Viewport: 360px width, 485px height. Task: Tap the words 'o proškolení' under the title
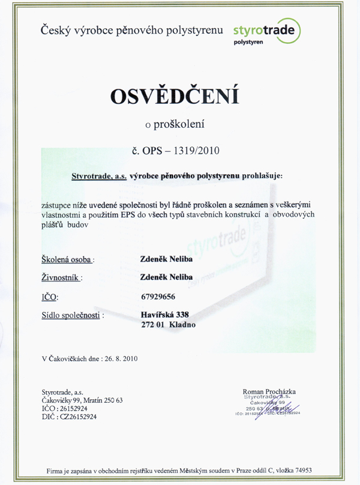click(175, 124)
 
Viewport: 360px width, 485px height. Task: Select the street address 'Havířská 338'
click(164, 314)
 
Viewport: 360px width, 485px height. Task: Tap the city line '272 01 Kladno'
click(167, 325)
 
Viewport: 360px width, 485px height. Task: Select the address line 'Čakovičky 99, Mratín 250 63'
click(82, 400)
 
